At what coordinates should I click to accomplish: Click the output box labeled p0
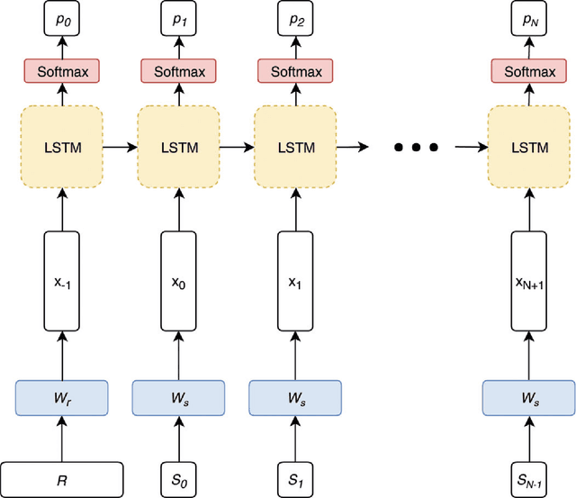pos(61,16)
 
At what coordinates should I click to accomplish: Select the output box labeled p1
pos(178,16)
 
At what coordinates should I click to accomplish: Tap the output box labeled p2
pos(295,16)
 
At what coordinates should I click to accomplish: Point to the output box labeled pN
pos(528,16)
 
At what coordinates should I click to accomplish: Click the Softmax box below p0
pos(61,71)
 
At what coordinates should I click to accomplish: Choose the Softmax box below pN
pos(528,71)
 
